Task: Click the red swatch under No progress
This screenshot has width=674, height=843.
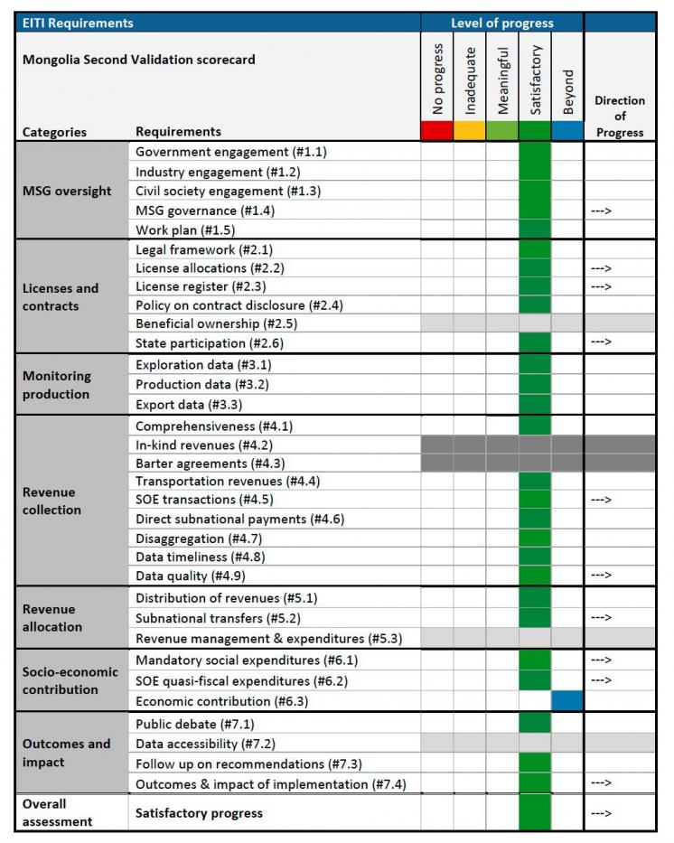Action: click(437, 131)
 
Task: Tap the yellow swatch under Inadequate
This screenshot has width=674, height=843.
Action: click(470, 131)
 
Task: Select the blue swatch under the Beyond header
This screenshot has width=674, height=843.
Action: click(567, 131)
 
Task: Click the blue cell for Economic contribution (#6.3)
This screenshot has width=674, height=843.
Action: click(567, 700)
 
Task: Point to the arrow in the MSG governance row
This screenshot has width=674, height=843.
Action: click(601, 211)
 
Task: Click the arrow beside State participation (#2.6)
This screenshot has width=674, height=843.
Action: click(601, 342)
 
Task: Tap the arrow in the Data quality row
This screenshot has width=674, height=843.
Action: click(601, 576)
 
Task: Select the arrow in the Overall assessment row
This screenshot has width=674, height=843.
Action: click(601, 813)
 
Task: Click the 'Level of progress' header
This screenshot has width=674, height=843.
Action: click(502, 23)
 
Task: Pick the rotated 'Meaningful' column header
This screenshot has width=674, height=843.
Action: click(502, 80)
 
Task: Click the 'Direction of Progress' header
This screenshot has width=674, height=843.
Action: click(620, 117)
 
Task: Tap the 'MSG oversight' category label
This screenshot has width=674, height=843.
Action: click(67, 191)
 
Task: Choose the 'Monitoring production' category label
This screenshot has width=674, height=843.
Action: click(56, 385)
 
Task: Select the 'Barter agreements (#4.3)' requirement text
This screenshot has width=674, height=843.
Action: click(211, 464)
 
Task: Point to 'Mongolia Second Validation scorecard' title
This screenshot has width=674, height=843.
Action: click(138, 59)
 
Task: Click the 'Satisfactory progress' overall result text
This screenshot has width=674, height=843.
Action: click(199, 813)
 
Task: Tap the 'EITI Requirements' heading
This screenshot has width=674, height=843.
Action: click(78, 23)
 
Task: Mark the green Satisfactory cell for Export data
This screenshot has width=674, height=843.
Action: click(535, 404)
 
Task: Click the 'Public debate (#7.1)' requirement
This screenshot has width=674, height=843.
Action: click(194, 724)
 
